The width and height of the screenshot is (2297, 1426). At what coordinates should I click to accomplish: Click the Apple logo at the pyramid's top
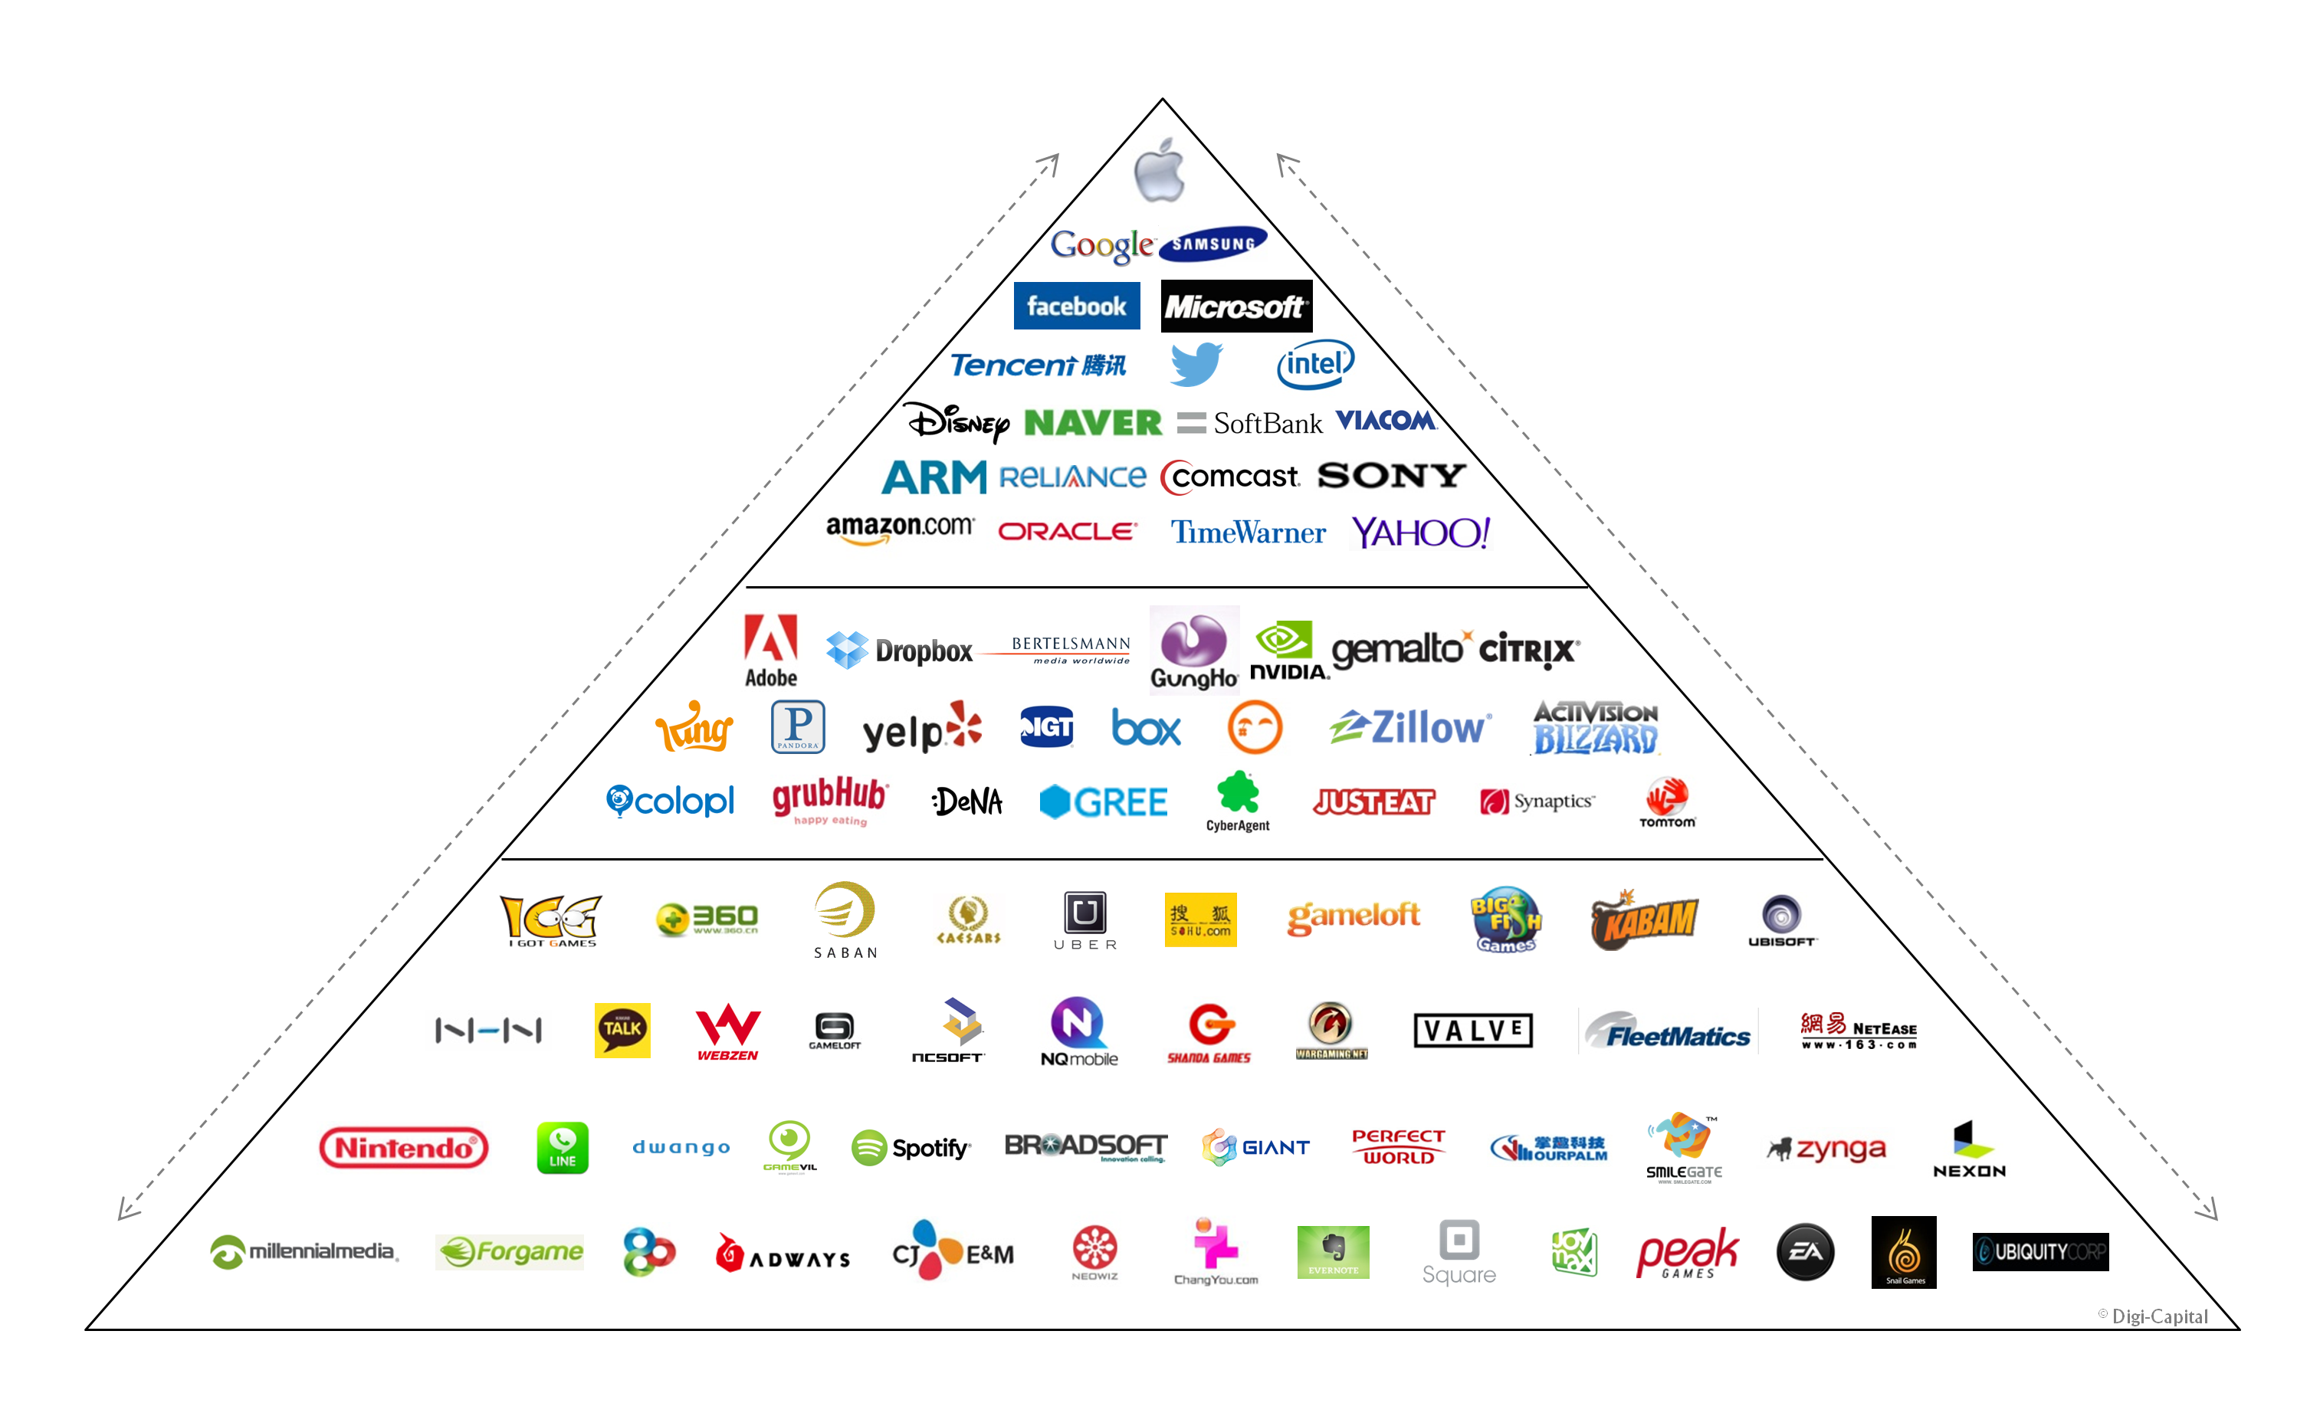[1160, 171]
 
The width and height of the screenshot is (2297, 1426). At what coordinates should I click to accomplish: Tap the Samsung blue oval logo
[1213, 244]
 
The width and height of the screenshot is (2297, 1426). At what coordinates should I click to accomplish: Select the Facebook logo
[1076, 307]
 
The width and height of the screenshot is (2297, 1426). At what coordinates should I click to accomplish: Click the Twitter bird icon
[1196, 364]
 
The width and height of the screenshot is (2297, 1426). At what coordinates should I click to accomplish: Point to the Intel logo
[1315, 364]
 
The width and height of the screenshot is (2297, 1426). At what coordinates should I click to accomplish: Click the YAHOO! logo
[1421, 533]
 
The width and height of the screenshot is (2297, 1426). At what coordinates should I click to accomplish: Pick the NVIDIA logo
[1288, 651]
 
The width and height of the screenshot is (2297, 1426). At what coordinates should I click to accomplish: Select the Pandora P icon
[798, 726]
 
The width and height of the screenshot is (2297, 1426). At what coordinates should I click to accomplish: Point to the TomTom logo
[1667, 802]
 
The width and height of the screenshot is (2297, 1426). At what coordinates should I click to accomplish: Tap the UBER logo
[1085, 920]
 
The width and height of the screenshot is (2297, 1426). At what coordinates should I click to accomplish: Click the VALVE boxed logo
[1472, 1030]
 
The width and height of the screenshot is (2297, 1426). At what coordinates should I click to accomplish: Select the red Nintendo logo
[404, 1148]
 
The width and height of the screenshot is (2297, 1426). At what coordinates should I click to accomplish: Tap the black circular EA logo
[1805, 1253]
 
